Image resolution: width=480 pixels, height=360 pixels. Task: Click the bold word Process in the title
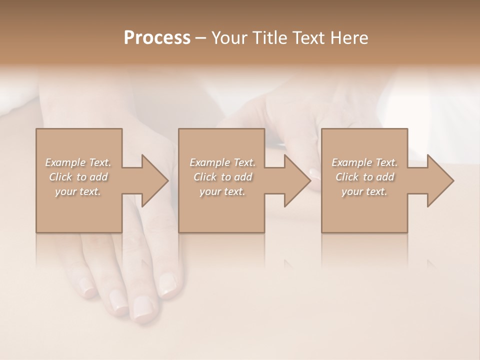pyautogui.click(x=157, y=38)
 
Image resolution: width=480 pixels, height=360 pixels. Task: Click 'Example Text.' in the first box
pyautogui.click(x=78, y=162)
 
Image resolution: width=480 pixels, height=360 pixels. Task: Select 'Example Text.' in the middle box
pyautogui.click(x=222, y=162)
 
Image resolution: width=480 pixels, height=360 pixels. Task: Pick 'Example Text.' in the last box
pyautogui.click(x=364, y=162)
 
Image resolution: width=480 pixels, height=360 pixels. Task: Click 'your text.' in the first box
pyautogui.click(x=78, y=191)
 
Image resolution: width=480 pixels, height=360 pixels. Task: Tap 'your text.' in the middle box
pyautogui.click(x=222, y=191)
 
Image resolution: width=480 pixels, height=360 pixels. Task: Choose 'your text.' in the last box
pyautogui.click(x=364, y=191)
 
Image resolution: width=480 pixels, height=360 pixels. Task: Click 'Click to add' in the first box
pyautogui.click(x=78, y=177)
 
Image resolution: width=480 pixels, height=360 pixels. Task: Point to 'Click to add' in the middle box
pyautogui.click(x=222, y=177)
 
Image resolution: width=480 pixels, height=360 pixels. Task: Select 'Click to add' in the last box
pyautogui.click(x=364, y=177)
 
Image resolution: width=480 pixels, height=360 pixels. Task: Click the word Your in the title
pyautogui.click(x=227, y=38)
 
